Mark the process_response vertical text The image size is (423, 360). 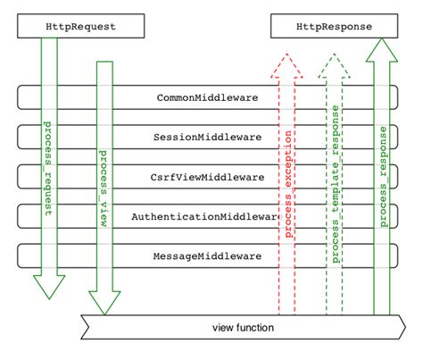pyautogui.click(x=382, y=164)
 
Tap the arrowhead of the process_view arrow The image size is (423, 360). pyautogui.click(x=104, y=304)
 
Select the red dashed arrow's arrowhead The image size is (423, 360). pyautogui.click(x=287, y=64)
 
